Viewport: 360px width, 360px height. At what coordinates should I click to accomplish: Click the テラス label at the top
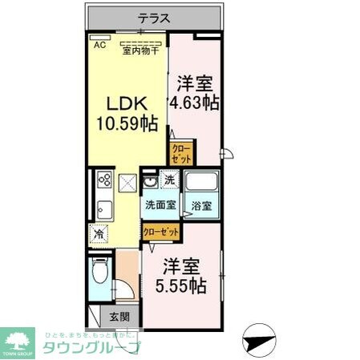tap(152, 16)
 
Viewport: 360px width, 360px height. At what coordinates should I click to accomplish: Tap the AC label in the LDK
tap(100, 46)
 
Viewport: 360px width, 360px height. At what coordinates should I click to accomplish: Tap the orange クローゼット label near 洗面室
tap(160, 231)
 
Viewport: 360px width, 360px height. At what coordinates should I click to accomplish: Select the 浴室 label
tap(201, 206)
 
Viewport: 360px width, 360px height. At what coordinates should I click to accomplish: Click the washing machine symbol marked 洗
tap(169, 179)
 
